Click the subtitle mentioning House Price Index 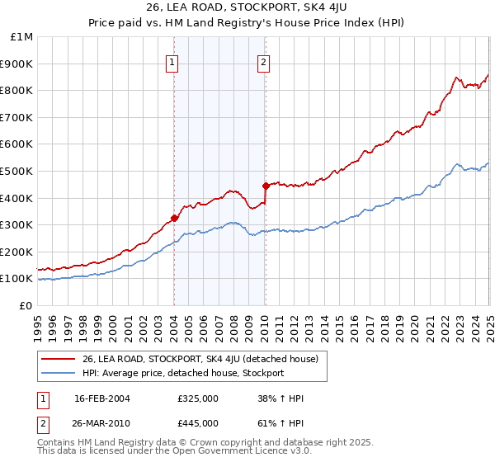(247, 24)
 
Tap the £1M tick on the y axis (22, 37)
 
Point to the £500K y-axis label (18, 172)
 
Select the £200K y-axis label (18, 252)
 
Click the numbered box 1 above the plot (172, 61)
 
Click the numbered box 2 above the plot (263, 61)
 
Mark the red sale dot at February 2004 (174, 219)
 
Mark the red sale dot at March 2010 (266, 186)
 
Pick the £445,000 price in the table (198, 423)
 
